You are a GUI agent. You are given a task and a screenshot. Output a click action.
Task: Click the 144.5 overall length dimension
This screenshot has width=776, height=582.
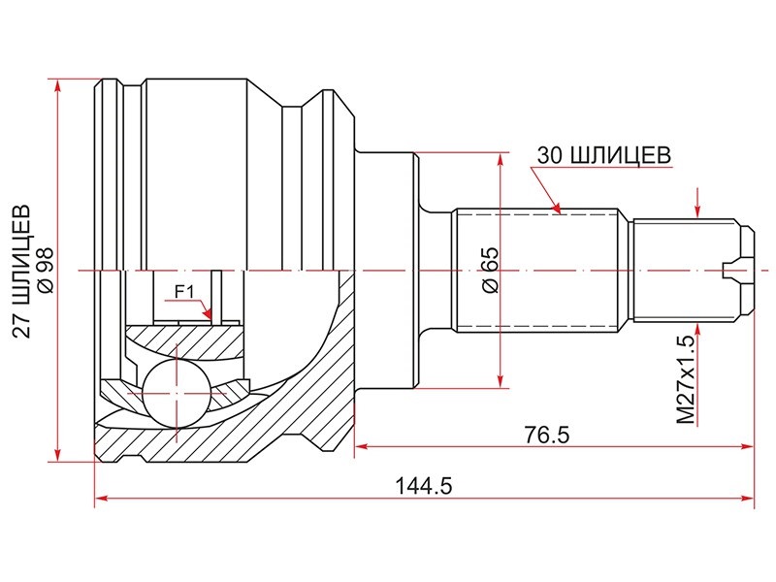point(423,486)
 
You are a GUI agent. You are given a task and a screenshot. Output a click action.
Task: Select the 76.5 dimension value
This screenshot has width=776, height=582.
point(547,435)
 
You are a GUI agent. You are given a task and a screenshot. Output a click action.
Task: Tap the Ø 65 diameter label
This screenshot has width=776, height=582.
point(491,271)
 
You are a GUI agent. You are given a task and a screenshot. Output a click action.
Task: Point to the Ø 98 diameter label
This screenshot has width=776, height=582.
point(46,271)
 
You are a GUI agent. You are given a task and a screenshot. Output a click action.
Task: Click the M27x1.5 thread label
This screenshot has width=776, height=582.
point(686,380)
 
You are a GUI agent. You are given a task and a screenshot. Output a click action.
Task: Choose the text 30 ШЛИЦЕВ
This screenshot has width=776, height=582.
point(604,155)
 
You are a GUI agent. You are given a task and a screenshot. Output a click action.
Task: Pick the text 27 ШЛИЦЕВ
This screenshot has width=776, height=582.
point(21,271)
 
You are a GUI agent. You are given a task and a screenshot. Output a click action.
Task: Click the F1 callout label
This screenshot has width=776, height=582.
point(184,292)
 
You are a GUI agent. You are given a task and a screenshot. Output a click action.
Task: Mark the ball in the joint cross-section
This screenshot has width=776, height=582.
point(177,393)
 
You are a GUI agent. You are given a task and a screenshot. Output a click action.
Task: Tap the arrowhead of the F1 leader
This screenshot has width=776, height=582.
point(208,313)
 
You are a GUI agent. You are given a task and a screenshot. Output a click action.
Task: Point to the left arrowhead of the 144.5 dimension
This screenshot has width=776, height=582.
point(102,499)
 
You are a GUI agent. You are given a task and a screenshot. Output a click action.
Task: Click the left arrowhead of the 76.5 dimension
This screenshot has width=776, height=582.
point(363,446)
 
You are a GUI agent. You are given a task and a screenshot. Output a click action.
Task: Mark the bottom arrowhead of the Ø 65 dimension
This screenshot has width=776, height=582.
point(501,380)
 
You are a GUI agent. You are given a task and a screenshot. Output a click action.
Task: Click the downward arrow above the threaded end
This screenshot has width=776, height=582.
point(697,210)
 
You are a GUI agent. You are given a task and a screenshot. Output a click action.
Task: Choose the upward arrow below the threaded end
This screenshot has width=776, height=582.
point(697,331)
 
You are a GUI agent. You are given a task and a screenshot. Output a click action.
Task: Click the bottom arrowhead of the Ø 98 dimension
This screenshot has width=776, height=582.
point(58,454)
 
